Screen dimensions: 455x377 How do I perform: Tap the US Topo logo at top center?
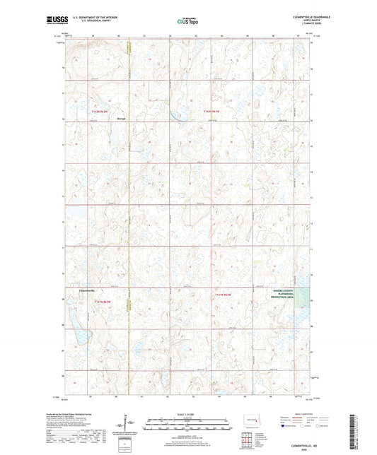[188, 22]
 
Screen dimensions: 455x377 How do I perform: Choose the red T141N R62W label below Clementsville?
[104, 301]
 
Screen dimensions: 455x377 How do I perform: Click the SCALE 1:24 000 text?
[187, 415]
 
